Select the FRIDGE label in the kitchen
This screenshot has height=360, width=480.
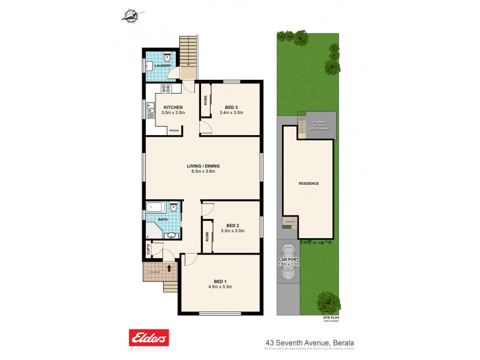click(x=173, y=130)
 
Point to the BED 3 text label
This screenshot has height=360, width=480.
click(x=231, y=107)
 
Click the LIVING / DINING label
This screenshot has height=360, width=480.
click(x=202, y=166)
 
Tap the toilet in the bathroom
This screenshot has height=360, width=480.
click(x=173, y=209)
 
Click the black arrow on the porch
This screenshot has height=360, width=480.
click(x=170, y=268)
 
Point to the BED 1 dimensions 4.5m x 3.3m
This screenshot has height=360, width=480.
click(x=220, y=287)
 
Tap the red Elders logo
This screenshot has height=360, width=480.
click(x=149, y=337)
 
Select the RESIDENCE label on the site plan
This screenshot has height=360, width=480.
click(x=308, y=184)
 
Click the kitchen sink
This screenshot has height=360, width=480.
click(x=148, y=109)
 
